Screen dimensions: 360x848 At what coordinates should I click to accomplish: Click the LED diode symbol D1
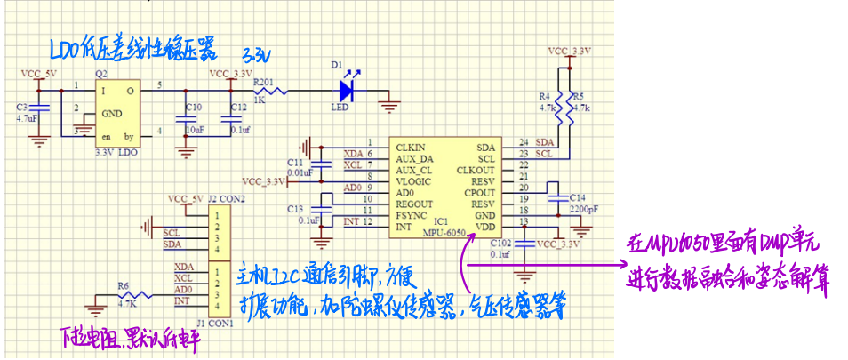pos(346,89)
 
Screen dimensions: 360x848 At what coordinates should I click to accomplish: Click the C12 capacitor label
pos(237,108)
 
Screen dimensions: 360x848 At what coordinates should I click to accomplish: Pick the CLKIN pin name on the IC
pos(410,146)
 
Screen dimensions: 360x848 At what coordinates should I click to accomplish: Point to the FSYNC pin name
pos(411,215)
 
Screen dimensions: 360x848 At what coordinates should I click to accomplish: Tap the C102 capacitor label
pos(501,243)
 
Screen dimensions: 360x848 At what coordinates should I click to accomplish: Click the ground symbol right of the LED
pos(388,107)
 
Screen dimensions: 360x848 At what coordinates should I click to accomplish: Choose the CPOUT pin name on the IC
pos(480,192)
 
